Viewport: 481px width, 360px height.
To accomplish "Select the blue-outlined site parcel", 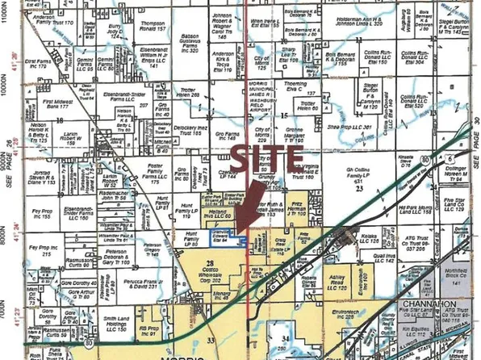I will [x=227, y=235].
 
